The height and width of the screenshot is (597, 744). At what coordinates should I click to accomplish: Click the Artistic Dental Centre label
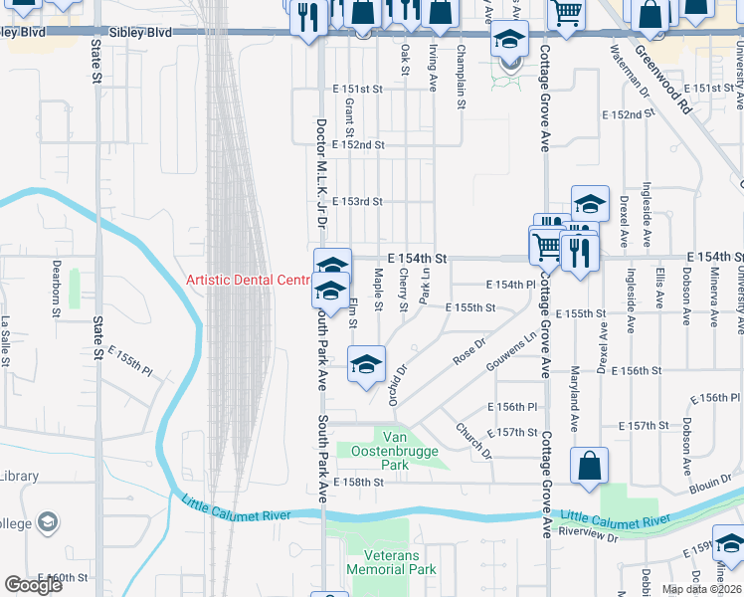coord(250,280)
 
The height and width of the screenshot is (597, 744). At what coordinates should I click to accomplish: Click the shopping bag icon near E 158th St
coord(589,465)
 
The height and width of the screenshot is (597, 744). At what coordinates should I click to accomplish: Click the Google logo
coord(33,585)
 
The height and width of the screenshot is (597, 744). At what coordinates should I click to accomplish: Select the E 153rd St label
coord(358,201)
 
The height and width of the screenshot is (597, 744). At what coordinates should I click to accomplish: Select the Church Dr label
coord(473,440)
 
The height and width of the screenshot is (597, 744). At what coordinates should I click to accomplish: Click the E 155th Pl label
coord(130,361)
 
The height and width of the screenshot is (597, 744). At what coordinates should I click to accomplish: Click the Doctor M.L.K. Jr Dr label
coord(320,173)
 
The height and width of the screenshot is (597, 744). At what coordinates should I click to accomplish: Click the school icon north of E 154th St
coord(589,204)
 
